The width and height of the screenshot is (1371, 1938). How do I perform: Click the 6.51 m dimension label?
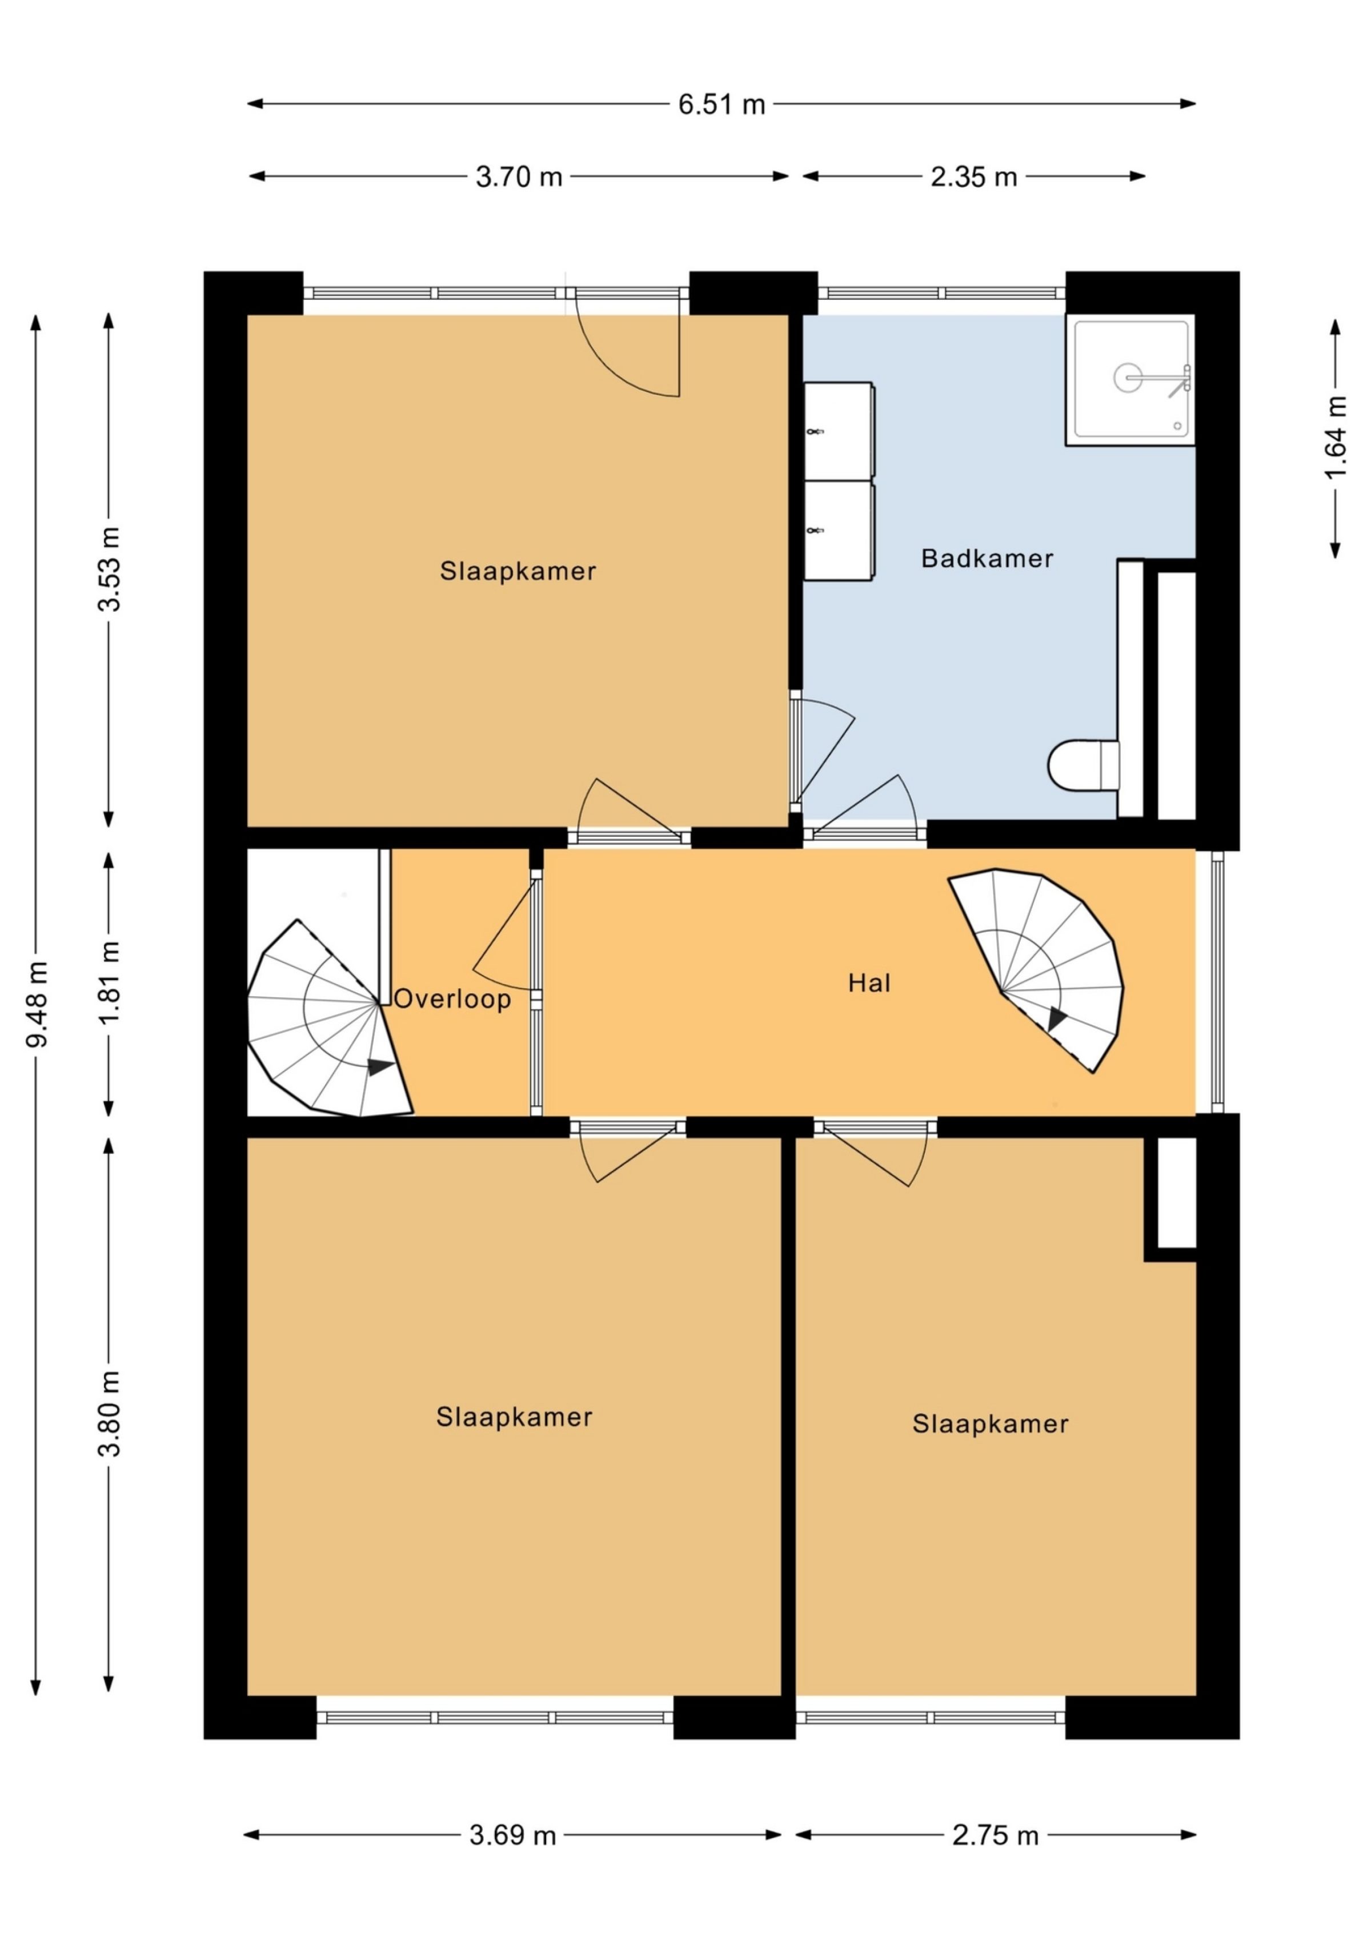[x=722, y=105]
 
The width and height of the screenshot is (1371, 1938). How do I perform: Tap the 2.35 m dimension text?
[x=973, y=177]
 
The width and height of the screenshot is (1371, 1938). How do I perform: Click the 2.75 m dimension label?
[x=995, y=1836]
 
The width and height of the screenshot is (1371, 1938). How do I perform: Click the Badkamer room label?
[x=987, y=559]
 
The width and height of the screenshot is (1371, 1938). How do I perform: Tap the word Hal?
[x=869, y=984]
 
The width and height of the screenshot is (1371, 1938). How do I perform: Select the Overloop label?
[x=452, y=1000]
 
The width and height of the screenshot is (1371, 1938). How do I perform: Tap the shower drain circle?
[x=1129, y=378]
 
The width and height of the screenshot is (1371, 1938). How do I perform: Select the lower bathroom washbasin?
[x=837, y=531]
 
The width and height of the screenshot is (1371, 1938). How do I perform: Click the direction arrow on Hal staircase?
[x=1057, y=1020]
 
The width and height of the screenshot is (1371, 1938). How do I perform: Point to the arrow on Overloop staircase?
[x=380, y=1067]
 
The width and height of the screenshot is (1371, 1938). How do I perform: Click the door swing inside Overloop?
[x=504, y=937]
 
